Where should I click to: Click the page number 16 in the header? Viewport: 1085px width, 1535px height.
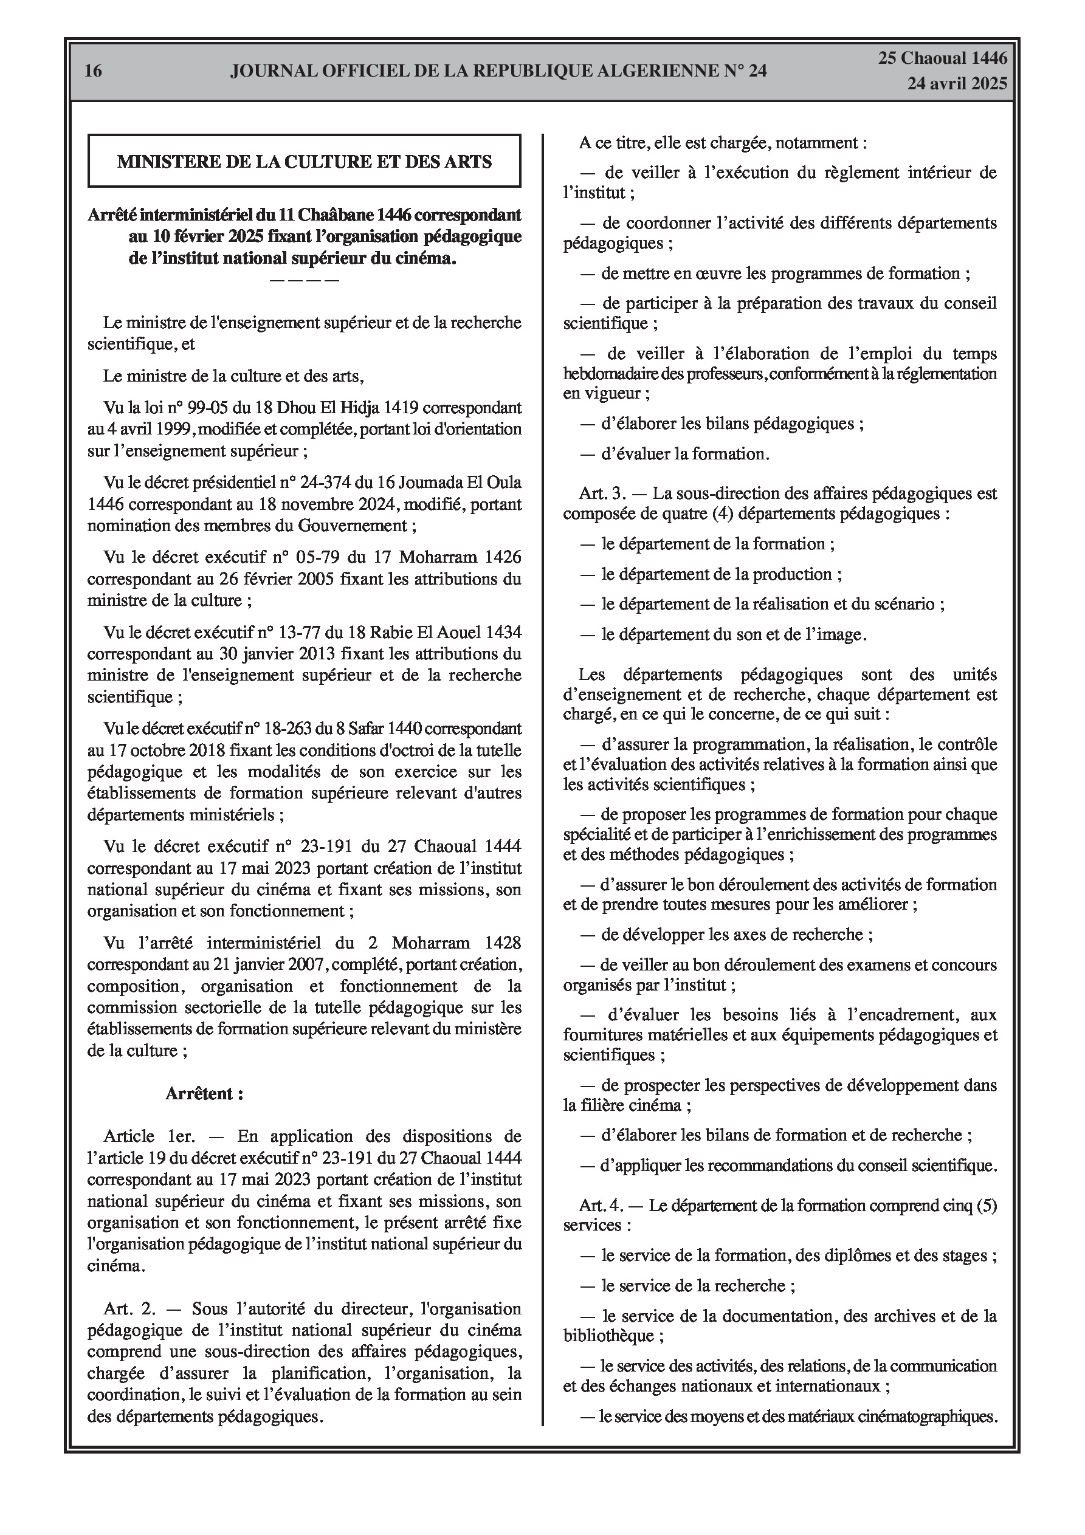[94, 71]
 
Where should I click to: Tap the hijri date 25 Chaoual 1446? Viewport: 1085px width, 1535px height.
[943, 58]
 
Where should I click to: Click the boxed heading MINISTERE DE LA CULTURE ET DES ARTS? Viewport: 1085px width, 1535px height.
[305, 161]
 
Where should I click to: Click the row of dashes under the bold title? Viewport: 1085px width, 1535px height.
[305, 280]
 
